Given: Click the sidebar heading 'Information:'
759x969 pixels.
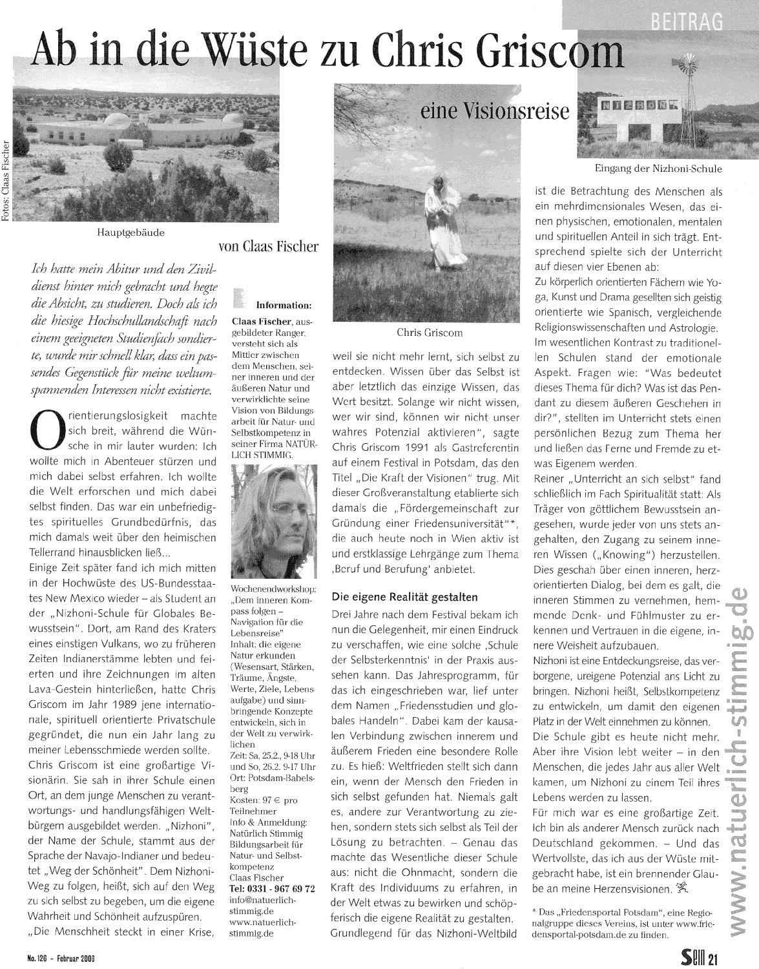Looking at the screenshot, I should coord(284,305).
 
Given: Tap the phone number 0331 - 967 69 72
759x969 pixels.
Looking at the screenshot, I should coord(273,889).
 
